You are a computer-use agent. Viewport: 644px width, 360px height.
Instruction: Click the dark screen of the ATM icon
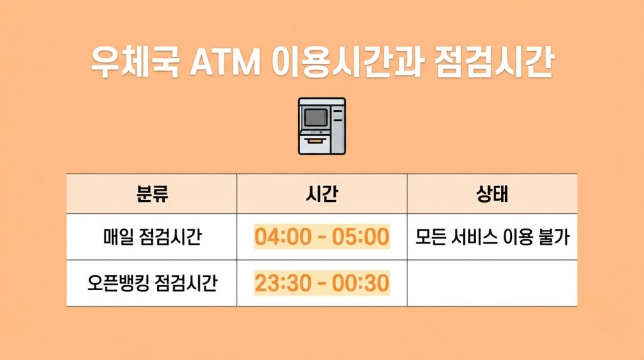coord(316,117)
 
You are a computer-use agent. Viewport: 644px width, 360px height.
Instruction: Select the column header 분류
coord(152,194)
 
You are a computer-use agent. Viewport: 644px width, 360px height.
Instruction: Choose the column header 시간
coord(321,194)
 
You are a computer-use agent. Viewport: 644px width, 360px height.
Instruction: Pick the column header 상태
coord(492,194)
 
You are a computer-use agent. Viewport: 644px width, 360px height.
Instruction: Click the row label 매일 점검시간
coord(152,237)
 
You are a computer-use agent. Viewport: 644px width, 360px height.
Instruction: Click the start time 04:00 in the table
coord(280,237)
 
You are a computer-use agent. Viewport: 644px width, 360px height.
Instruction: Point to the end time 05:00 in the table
coord(364,237)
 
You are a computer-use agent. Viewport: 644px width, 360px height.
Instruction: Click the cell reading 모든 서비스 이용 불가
coord(492,237)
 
